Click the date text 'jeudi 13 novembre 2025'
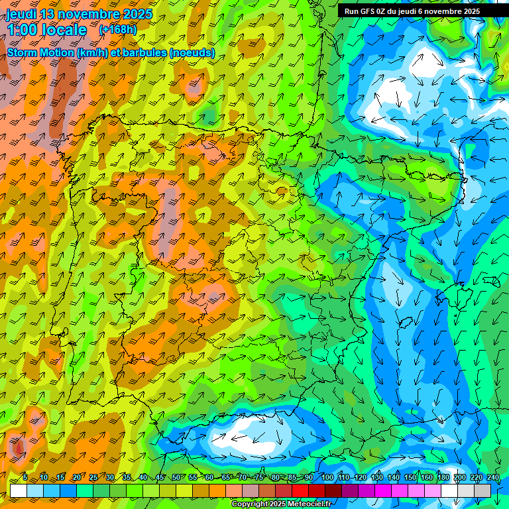79,14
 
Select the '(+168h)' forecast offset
118,30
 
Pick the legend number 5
25,478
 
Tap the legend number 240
492,478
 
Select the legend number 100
327,478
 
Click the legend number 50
176,478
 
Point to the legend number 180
443,478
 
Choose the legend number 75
259,478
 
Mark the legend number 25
93,478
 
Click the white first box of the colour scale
18,490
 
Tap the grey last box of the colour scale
482,490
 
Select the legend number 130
376,478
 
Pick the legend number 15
60,478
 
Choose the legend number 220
476,478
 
